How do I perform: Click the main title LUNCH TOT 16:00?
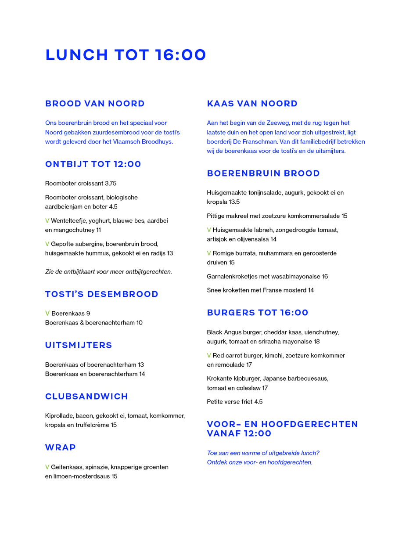point(126,55)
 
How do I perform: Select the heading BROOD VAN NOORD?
point(95,104)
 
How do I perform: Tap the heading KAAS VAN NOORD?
point(252,104)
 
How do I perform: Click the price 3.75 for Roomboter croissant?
point(111,184)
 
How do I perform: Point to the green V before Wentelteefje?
point(47,221)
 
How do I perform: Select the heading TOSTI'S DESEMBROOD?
point(101,294)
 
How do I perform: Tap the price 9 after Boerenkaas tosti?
point(88,314)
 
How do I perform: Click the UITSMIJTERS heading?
point(79,345)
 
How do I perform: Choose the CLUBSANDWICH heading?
point(86,397)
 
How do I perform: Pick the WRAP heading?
point(61,447)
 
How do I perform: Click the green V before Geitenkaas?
point(47,467)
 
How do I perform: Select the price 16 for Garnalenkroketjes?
point(325,277)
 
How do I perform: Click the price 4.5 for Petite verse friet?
point(259,402)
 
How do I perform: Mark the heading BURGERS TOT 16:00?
point(258,313)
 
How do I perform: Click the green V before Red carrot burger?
point(209,356)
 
